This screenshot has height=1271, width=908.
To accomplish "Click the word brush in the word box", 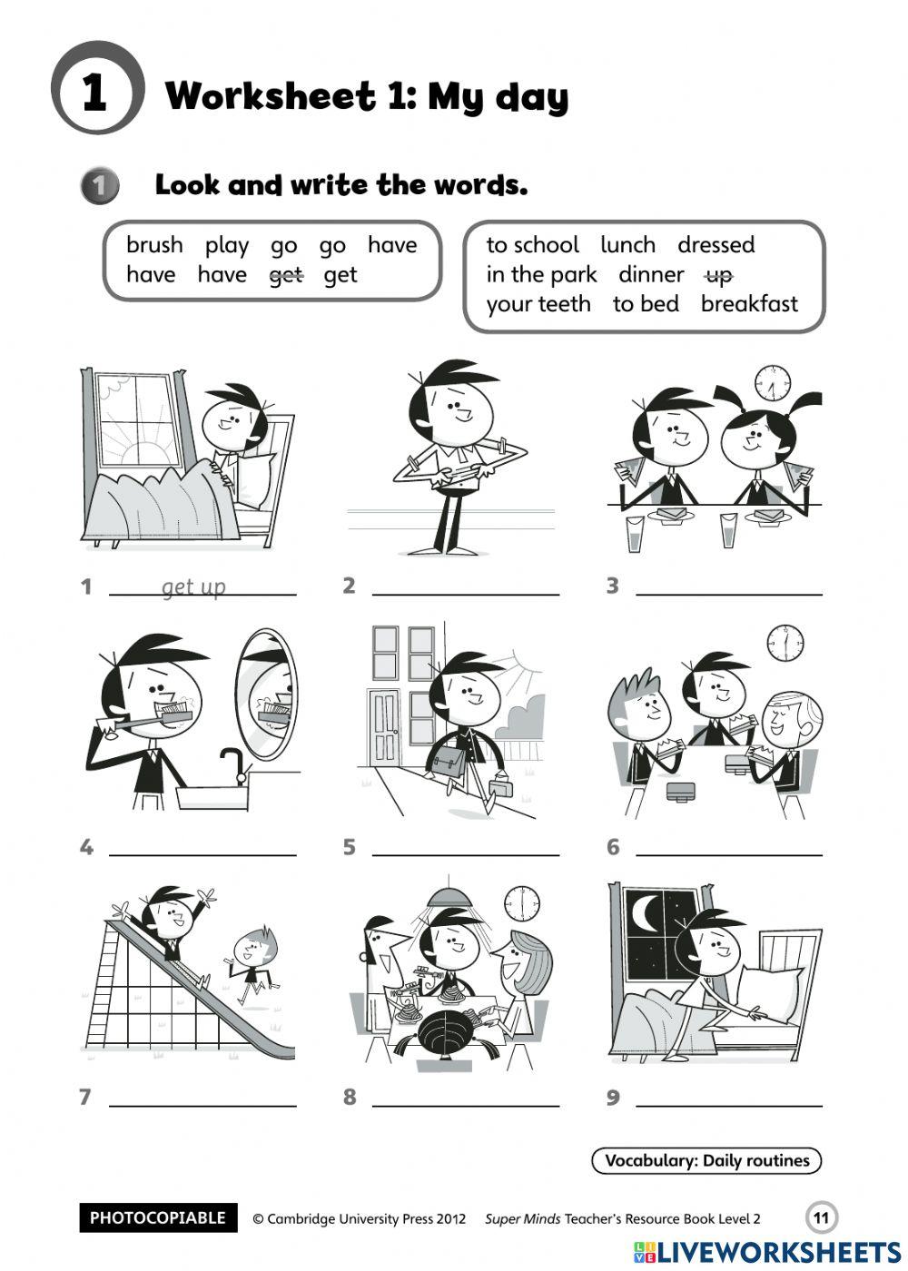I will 154,245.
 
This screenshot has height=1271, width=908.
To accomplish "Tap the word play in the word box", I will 226,245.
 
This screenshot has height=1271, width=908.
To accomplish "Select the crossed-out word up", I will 718,274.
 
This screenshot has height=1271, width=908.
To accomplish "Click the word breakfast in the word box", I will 749,303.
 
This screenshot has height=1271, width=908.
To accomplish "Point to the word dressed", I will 716,245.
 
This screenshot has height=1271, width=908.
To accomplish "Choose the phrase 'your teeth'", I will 538,303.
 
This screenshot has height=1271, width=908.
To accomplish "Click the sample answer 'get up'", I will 193,586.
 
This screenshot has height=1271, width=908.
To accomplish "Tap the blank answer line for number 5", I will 466,853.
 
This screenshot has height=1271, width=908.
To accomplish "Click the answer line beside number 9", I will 729,1104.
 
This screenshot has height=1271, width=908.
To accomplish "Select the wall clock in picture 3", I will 773,383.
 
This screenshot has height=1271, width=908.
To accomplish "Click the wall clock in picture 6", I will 785,643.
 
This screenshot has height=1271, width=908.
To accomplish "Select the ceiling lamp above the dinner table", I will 451,897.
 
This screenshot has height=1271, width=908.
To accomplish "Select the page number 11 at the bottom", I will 822,1217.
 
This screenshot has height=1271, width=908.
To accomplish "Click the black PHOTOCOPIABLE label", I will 158,1217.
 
